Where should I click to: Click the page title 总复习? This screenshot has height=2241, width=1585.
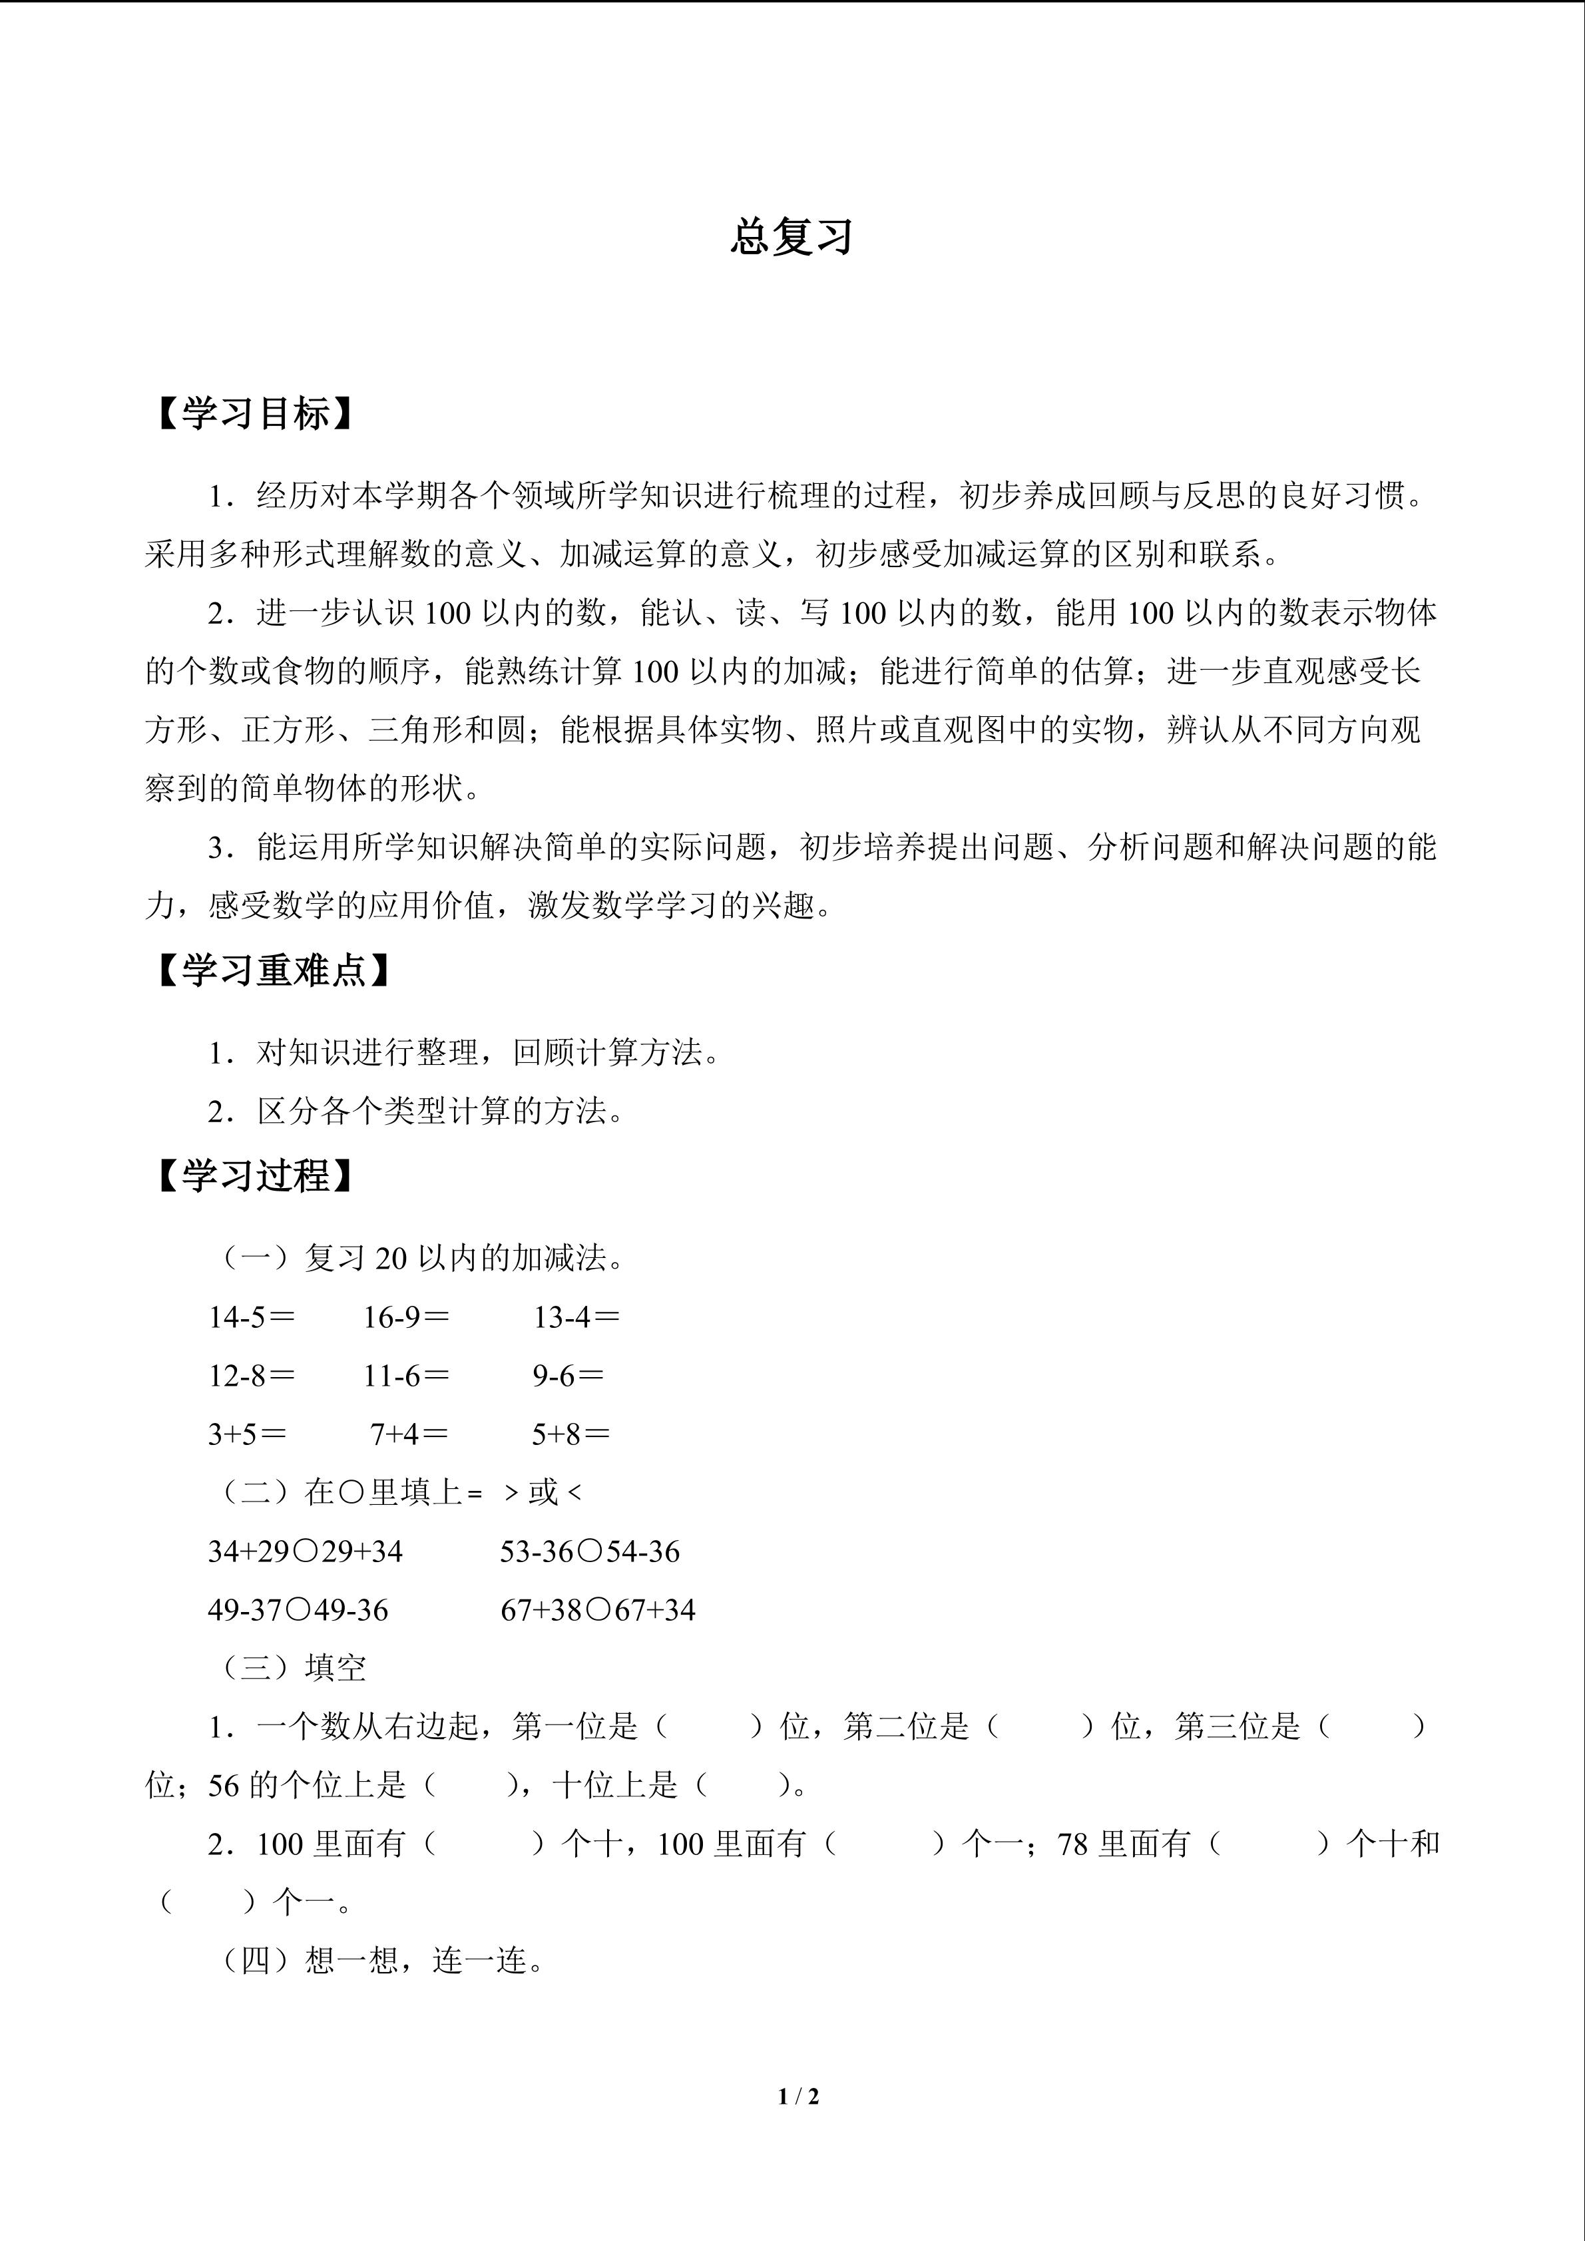tap(792, 237)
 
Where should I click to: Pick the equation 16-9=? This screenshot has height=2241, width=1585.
tap(406, 1318)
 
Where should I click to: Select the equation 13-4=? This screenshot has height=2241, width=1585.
tap(576, 1318)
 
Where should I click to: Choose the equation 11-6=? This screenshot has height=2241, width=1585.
tap(406, 1376)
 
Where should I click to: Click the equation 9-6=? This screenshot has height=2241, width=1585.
tap(568, 1376)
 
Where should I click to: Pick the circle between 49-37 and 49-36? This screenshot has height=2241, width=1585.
tap(299, 1609)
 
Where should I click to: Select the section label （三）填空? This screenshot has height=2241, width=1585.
tap(294, 1668)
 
